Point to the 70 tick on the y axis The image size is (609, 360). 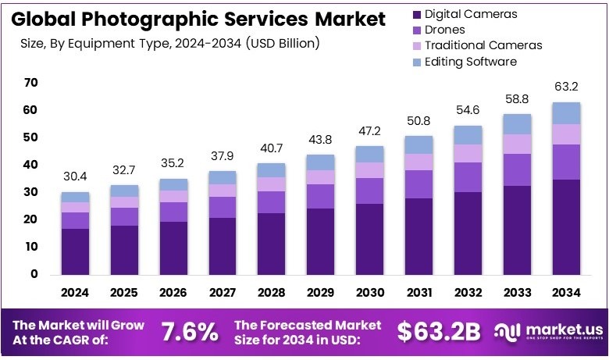click(x=31, y=83)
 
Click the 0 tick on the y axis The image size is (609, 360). click(x=34, y=274)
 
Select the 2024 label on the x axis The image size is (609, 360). click(x=76, y=294)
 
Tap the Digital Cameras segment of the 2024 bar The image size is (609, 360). click(x=76, y=251)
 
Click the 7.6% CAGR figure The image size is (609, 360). click(x=190, y=332)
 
